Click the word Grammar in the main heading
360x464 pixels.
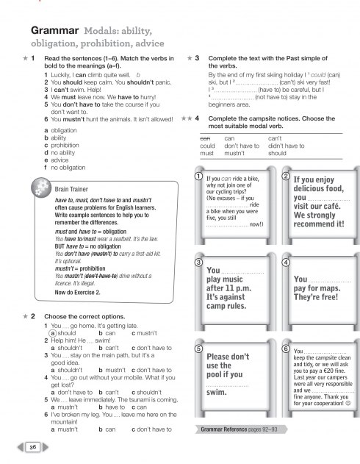[x=54, y=30]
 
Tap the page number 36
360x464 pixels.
[x=33, y=447]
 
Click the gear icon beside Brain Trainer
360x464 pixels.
[x=41, y=188]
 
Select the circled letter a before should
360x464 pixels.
[x=53, y=333]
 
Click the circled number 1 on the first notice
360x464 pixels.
[x=198, y=176]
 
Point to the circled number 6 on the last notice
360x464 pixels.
[x=286, y=349]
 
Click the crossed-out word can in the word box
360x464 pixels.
[x=205, y=138]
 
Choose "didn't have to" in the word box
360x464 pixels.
[x=286, y=146]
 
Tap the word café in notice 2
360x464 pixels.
[x=331, y=206]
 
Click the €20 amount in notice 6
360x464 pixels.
[x=326, y=371]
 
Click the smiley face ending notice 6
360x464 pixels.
[x=348, y=403]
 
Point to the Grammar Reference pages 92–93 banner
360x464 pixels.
[x=241, y=429]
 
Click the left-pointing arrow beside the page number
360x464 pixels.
[x=21, y=447]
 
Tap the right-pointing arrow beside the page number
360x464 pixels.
[x=46, y=447]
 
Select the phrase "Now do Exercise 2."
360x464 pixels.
[x=77, y=293]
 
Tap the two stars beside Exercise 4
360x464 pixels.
[x=187, y=118]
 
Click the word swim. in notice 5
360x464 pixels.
[x=217, y=392]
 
